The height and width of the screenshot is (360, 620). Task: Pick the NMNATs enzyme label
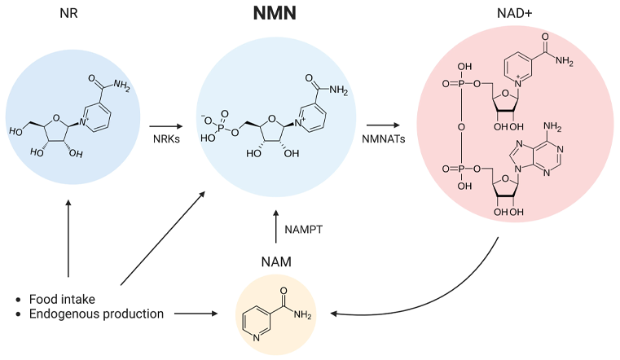[x=383, y=140]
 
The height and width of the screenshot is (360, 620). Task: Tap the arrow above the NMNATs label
[x=383, y=125]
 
